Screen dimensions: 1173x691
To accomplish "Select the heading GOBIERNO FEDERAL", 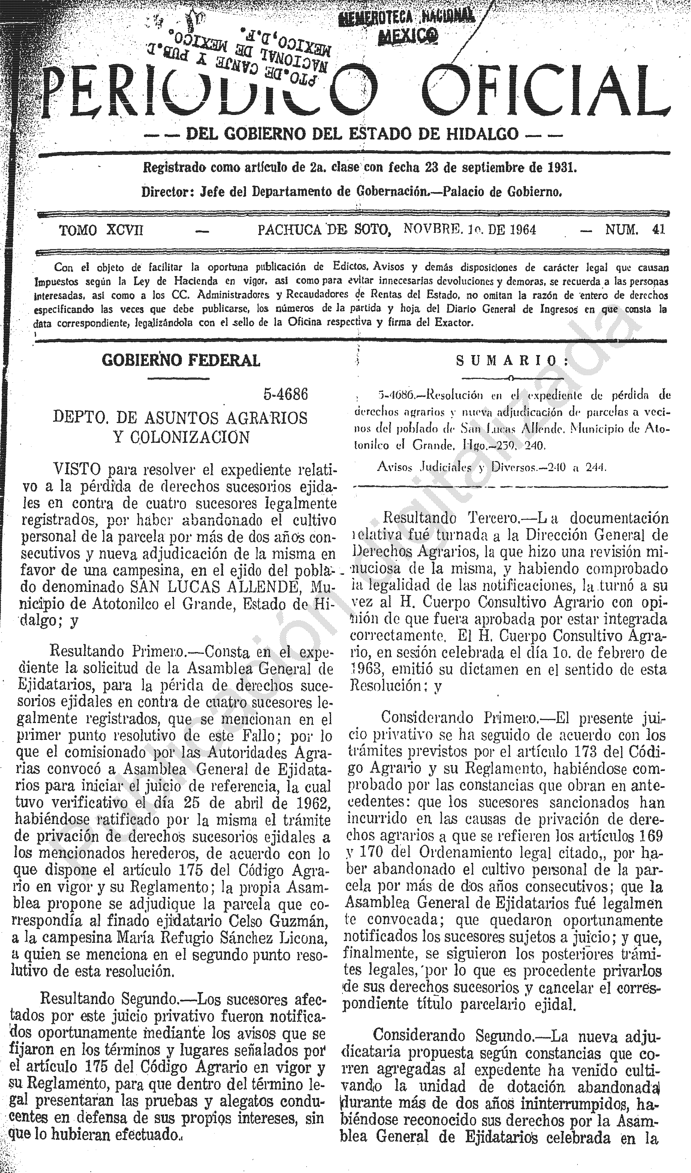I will point(181,360).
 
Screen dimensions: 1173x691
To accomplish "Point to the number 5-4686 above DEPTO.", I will point(286,395).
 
